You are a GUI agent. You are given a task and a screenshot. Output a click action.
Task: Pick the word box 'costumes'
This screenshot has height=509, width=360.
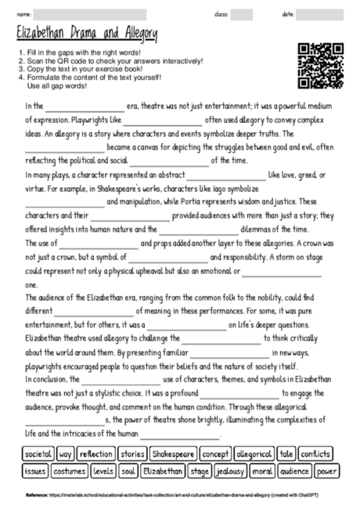[x=70, y=471]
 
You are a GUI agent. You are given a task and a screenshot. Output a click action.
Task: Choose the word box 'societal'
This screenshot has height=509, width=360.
[x=38, y=453]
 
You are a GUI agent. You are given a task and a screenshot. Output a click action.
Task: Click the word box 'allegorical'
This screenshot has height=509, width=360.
[x=254, y=453]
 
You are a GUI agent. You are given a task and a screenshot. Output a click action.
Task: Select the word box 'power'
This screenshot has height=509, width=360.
[x=327, y=471]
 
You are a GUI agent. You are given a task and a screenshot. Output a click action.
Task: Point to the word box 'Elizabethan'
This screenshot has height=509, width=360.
[x=164, y=471]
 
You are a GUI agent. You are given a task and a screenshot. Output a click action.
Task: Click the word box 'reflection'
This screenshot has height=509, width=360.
[x=96, y=453]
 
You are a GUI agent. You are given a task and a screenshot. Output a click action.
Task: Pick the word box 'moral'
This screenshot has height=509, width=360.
[x=264, y=471]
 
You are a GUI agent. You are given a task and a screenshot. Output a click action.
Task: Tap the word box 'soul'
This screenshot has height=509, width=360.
[x=128, y=471]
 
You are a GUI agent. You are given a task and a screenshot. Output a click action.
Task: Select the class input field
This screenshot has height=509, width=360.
[x=241, y=14]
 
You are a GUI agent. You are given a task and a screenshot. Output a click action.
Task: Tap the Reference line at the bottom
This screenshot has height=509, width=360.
[x=180, y=496]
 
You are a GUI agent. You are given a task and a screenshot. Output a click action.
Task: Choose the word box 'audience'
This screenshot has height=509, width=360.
[x=294, y=471]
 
